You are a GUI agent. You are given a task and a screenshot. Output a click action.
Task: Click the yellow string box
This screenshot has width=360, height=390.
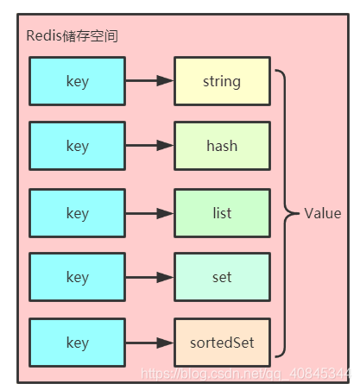(x=222, y=81)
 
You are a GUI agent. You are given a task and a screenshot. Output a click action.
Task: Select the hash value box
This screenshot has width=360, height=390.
(x=222, y=146)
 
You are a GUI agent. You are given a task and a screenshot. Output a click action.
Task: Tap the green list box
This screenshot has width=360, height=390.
(x=222, y=212)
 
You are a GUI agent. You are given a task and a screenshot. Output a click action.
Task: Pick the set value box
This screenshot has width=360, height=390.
(x=222, y=277)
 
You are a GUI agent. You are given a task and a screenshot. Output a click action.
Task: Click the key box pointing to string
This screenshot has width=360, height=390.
(x=77, y=81)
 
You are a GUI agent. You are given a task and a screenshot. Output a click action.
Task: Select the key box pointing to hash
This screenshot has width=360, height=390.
(x=77, y=146)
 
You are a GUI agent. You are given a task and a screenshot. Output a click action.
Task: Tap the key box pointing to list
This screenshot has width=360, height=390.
(x=77, y=212)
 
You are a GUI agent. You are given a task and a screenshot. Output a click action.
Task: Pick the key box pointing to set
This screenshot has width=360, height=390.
(x=77, y=277)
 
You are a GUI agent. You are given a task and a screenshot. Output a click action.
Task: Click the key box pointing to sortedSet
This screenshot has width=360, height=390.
(x=77, y=343)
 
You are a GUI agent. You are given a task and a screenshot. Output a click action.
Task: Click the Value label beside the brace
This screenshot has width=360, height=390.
(x=322, y=213)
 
